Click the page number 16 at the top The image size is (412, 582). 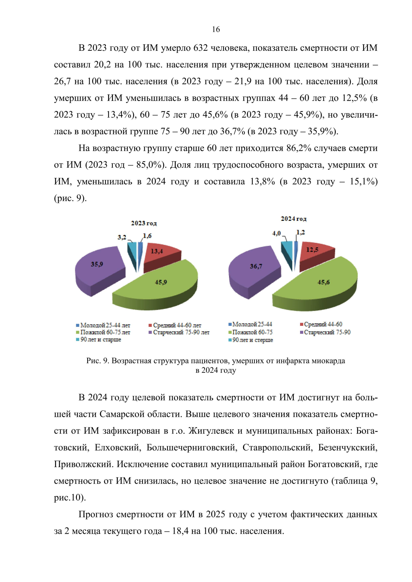216,29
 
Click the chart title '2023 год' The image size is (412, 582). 144,223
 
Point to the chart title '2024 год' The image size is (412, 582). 294,219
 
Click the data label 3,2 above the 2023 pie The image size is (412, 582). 122,237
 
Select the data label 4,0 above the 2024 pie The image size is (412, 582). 276,233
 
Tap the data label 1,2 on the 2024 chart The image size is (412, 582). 300,232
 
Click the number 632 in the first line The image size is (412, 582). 201,48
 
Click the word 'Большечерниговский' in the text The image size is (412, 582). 191,448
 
